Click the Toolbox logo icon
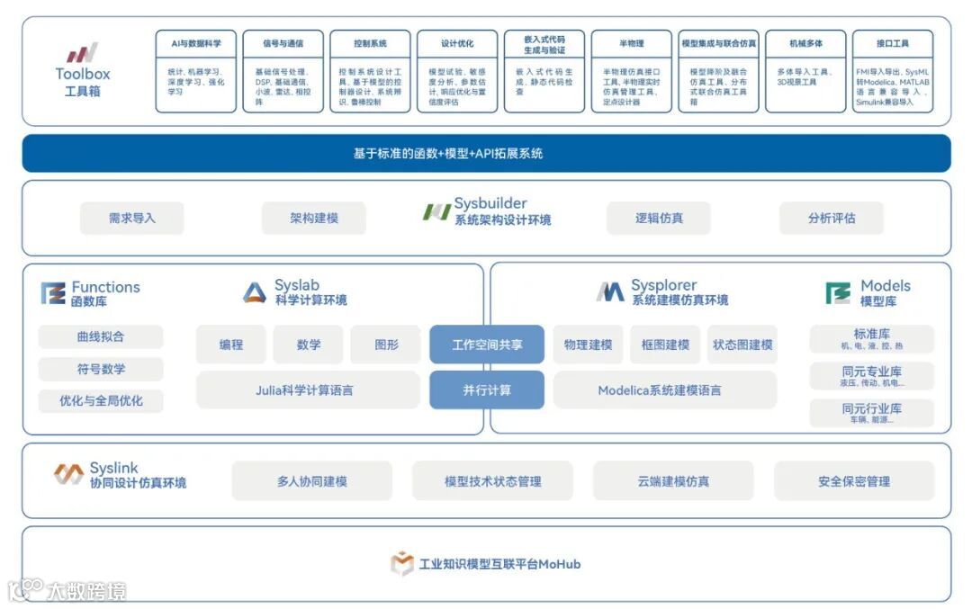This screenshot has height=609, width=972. coord(82,53)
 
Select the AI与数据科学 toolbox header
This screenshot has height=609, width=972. coord(195,43)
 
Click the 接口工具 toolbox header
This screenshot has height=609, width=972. coord(892,43)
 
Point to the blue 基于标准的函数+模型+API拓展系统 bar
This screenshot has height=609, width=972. coord(486,154)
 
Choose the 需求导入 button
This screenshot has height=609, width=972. coord(131,218)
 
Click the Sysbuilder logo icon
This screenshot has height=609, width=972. coord(436,212)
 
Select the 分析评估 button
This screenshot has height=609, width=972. coord(831,218)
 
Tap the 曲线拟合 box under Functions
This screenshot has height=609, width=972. coord(101,337)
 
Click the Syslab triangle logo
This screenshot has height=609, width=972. coord(255,292)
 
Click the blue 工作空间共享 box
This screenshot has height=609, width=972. coord(486,345)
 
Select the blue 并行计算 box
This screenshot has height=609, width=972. coord(486,390)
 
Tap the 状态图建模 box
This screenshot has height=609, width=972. coord(742,345)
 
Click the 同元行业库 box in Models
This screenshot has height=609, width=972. coord(871,413)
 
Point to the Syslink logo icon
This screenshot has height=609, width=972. coord(68,474)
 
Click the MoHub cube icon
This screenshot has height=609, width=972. coord(401,564)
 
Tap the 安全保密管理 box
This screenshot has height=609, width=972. coord(853,481)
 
